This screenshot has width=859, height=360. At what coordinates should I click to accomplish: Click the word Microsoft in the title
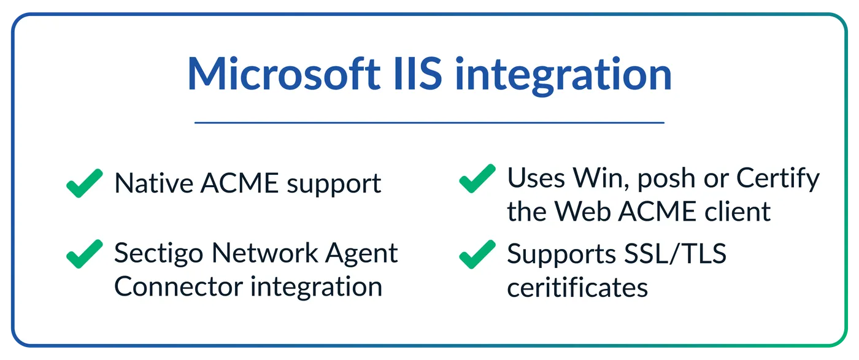coord(283,75)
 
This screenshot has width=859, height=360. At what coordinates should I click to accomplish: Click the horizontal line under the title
coord(429,123)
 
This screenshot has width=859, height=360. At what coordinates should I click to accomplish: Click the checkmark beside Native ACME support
coord(84,183)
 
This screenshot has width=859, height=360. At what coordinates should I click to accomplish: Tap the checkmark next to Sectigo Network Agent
coord(84,253)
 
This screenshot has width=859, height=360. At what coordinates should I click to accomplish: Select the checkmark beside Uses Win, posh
coord(477,178)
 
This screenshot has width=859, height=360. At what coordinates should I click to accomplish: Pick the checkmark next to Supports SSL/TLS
coord(477,253)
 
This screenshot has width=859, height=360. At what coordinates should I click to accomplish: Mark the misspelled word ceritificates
coord(577,286)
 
